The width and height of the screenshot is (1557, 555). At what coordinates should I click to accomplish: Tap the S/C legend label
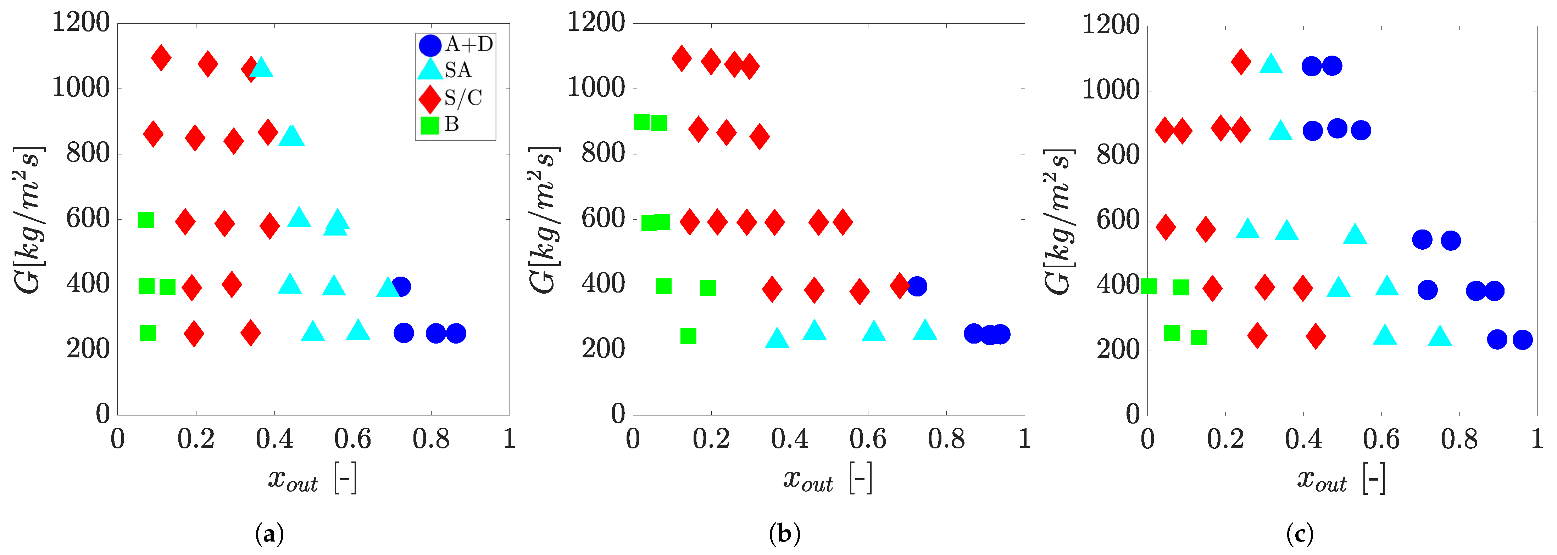(463, 98)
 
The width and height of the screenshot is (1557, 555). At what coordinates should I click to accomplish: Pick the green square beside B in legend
(430, 126)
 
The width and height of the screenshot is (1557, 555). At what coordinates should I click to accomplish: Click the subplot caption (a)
(269, 534)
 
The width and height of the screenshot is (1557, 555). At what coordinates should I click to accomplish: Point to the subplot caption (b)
(785, 534)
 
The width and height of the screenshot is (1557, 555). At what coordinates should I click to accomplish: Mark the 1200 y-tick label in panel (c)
(1110, 26)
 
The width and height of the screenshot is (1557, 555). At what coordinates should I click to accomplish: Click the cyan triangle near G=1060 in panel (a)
(261, 67)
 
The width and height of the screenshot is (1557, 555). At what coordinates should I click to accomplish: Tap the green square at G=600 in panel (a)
(146, 220)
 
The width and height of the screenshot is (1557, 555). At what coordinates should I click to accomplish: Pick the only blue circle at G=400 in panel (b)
(917, 286)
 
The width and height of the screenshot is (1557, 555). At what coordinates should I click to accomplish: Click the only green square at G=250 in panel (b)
(689, 336)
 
